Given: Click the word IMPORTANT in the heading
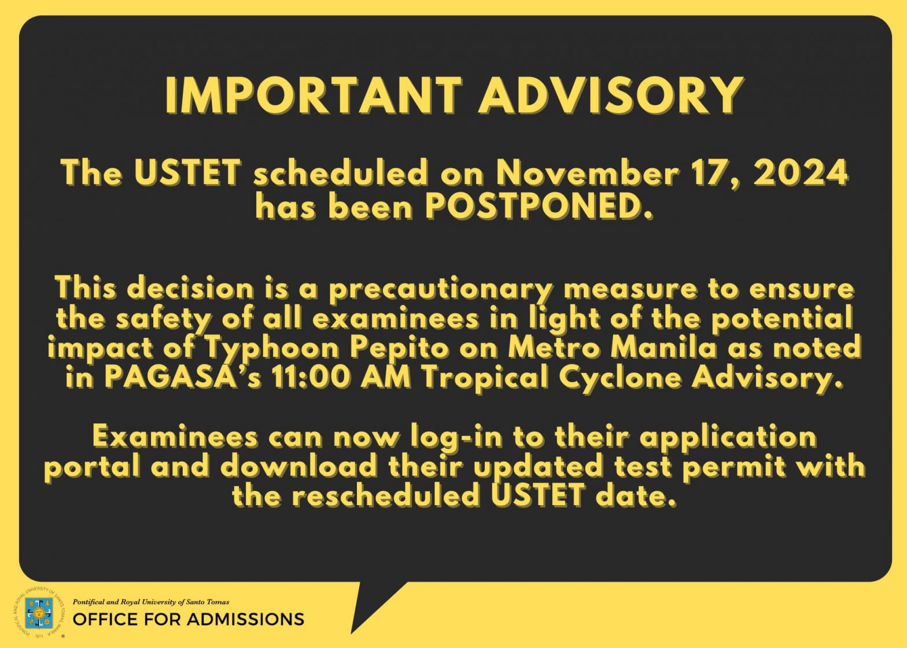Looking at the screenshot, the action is [314, 96].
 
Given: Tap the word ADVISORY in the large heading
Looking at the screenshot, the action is [611, 96].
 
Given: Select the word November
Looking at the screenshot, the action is [587, 173].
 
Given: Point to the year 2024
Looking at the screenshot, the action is [800, 173].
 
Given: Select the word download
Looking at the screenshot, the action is [298, 467].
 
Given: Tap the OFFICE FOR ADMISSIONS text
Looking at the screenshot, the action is [189, 620].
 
